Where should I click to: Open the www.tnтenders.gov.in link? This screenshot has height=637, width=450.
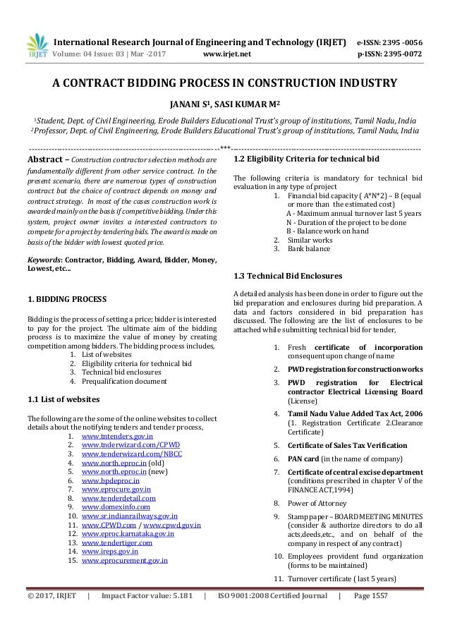117,437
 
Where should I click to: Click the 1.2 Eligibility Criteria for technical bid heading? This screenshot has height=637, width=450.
306,160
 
